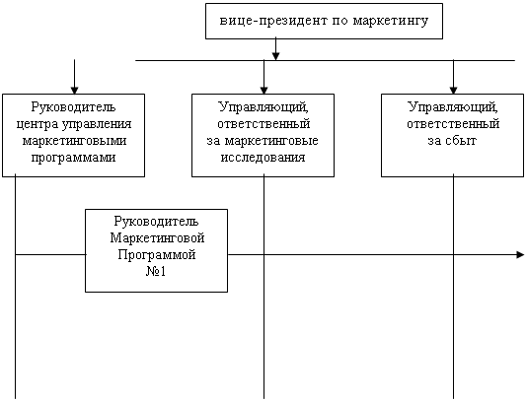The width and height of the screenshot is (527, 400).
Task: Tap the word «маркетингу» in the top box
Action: (391, 22)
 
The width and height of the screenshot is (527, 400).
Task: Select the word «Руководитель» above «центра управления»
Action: (73, 107)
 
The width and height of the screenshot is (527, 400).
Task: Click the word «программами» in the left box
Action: (73, 158)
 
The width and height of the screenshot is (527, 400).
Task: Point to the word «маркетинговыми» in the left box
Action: (74, 140)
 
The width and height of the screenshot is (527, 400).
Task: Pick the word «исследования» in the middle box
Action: (263, 158)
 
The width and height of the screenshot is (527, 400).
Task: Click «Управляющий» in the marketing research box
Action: (263, 107)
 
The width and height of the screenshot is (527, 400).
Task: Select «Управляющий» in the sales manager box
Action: (453, 107)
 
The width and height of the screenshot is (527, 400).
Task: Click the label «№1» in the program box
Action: (156, 271)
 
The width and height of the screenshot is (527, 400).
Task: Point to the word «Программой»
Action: (157, 255)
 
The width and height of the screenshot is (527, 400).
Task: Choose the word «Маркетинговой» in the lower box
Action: (157, 238)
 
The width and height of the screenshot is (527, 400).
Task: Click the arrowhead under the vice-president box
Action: (276, 56)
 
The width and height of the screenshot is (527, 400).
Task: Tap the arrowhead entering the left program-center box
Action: (75, 90)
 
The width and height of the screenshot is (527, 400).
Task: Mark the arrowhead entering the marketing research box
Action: (263, 90)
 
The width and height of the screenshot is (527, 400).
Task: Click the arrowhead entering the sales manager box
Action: (453, 90)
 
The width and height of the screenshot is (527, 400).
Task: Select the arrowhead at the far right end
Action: (520, 255)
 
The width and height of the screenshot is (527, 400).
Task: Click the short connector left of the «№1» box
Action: (50, 255)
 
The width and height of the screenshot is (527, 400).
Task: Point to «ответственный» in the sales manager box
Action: (453, 124)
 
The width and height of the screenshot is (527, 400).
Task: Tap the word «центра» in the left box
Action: (37, 124)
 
